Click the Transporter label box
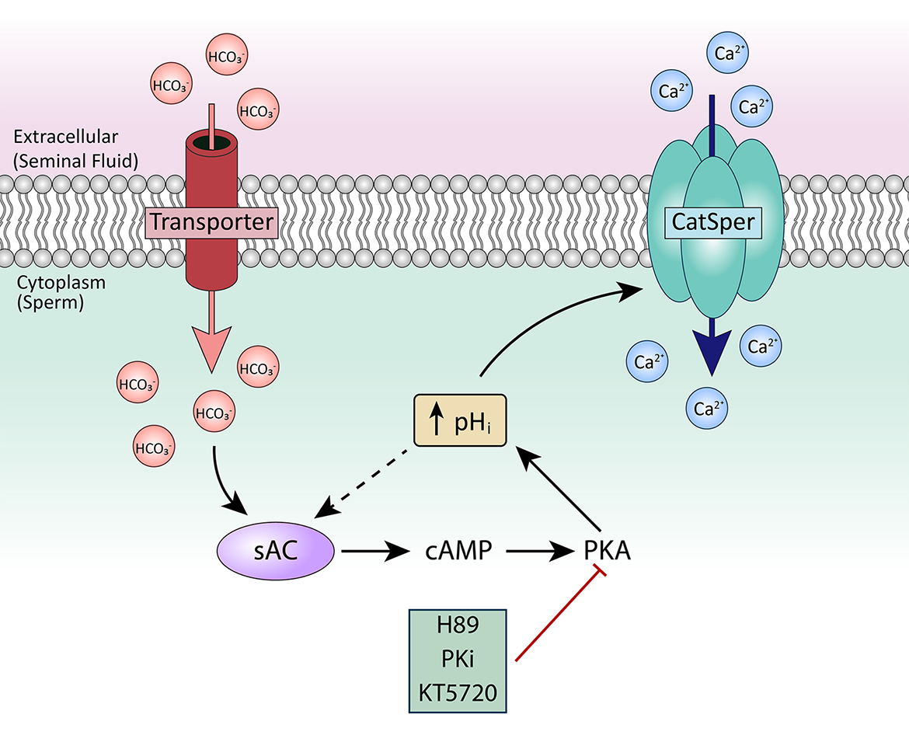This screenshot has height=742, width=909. [x=211, y=223]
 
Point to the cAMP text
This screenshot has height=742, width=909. [x=458, y=552]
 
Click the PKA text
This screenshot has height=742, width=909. [x=606, y=552]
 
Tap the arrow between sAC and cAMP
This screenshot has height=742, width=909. [x=374, y=552]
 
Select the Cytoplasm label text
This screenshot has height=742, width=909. [x=61, y=283]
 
